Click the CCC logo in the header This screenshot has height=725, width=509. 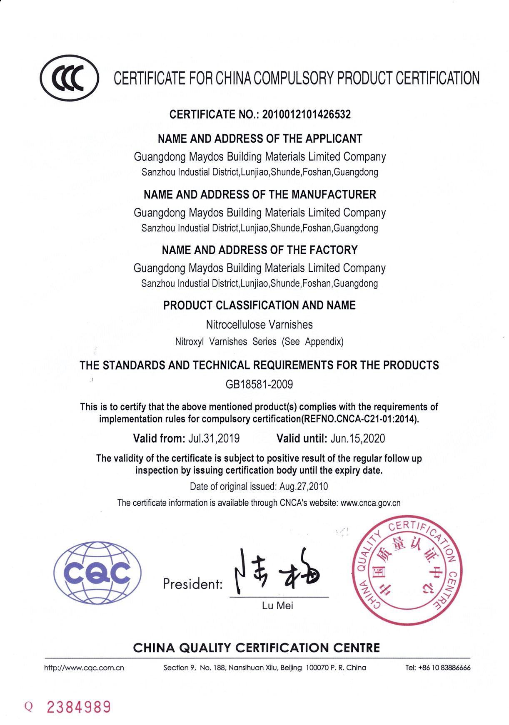(70, 78)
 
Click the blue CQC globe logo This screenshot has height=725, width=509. (97, 573)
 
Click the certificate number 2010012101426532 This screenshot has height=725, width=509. (306, 114)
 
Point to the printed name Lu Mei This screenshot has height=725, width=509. (277, 606)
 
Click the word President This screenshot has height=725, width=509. (192, 584)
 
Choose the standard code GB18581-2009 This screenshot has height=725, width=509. (259, 384)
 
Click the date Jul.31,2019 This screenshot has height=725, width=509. (214, 439)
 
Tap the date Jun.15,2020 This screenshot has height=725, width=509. (358, 439)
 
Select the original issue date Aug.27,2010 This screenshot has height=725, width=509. (304, 487)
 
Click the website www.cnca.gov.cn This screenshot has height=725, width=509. (370, 503)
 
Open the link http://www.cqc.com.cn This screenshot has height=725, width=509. (84, 668)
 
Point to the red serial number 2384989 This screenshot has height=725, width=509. (79, 707)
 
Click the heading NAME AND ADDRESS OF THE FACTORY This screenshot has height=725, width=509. (259, 250)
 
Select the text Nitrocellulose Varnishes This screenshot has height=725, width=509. (259, 325)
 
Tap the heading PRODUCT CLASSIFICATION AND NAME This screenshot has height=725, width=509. (259, 305)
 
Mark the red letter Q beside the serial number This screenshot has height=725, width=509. (28, 707)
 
